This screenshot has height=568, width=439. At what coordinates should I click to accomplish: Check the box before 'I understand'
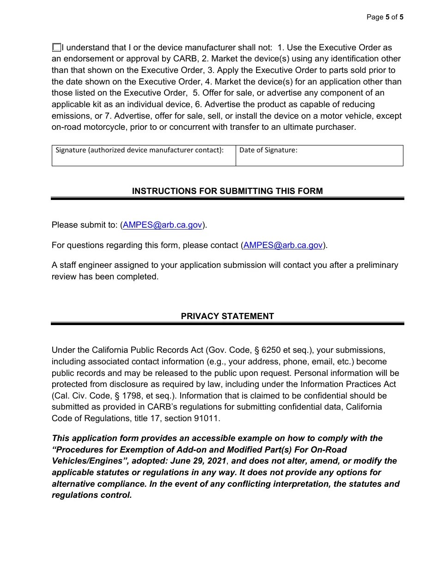(56, 47)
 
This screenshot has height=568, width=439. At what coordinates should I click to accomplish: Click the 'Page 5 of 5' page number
(385, 17)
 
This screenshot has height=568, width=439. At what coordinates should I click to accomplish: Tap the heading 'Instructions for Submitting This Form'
(227, 191)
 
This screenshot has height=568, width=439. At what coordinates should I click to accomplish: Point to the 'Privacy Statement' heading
(227, 316)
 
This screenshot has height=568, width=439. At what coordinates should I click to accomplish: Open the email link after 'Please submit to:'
(162, 225)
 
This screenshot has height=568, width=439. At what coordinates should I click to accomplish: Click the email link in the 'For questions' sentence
(283, 245)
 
